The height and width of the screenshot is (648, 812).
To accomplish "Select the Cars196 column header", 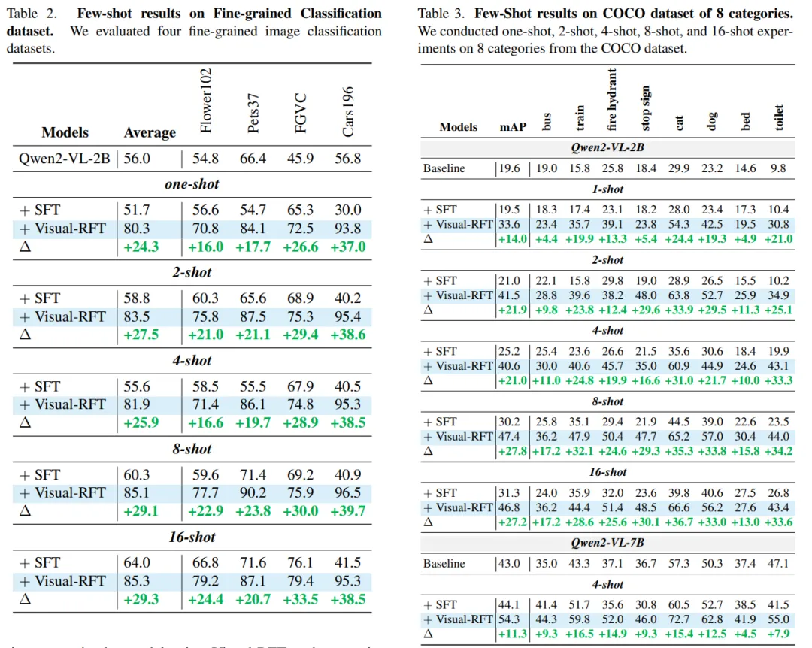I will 348,110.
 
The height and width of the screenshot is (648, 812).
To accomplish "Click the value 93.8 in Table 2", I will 347,228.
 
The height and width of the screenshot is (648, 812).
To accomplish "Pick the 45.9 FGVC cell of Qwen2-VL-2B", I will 300,159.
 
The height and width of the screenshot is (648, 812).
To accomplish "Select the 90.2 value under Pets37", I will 253,492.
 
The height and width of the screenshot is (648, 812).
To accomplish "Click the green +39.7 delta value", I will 347,510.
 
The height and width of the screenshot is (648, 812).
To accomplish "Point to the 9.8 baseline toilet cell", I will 779,168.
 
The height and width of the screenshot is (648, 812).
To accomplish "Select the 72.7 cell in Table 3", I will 680,619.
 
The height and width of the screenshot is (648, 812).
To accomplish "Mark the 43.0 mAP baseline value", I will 511,563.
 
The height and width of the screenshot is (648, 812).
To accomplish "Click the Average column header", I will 150,133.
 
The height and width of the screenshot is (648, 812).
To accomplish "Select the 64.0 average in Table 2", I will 137,562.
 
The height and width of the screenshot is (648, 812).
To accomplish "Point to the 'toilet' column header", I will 779,117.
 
